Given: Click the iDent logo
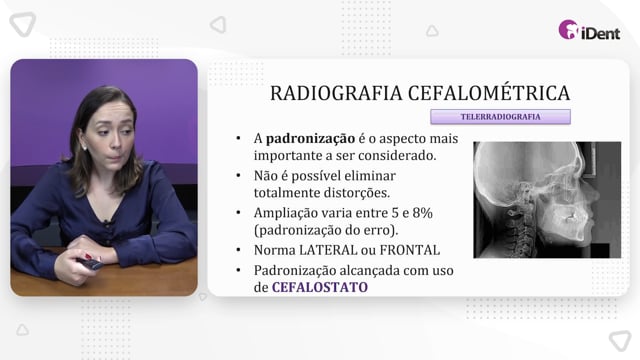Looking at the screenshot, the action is point(589,30).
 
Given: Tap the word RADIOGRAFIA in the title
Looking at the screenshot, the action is point(336,93).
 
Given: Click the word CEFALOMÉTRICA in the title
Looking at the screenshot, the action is point(489,92).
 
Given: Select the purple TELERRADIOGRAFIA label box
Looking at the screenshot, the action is point(500,117).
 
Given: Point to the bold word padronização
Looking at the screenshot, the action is point(310,139).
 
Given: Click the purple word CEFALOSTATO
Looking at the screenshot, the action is point(320,287).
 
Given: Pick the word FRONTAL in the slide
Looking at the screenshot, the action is point(409,250).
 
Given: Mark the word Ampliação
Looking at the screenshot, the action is point(286,213).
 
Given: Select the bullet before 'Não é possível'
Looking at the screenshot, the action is point(238,176).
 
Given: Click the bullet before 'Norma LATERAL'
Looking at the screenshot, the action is point(238,250).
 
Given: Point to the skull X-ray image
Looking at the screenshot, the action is point(547,200).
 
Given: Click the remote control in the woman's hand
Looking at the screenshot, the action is point(90,263).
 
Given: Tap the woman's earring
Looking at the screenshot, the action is point(85,147).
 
